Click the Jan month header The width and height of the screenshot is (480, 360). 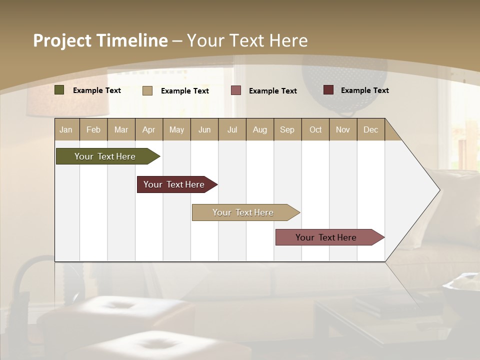click(66, 129)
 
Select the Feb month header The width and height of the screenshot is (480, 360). click(93, 129)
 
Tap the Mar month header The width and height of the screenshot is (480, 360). click(121, 129)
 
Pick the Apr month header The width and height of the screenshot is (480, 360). click(148, 129)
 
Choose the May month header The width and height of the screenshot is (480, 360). click(176, 129)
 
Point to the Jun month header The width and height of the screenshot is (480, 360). click(204, 129)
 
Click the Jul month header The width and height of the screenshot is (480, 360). click(232, 129)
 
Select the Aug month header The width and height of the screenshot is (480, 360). click(259, 129)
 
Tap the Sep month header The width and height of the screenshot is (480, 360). click(287, 129)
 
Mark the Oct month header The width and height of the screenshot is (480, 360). click(315, 129)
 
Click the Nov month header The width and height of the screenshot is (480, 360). click(342, 129)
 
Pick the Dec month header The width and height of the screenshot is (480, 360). click(370, 129)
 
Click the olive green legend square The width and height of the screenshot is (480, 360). click(59, 90)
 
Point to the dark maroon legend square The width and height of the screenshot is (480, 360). click(328, 90)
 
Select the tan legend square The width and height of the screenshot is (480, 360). click(147, 90)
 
